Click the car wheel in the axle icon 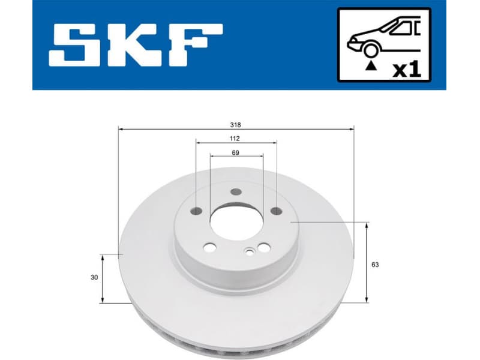tap(370, 52)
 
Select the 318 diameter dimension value tap(236, 125)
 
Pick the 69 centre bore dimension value tap(236, 153)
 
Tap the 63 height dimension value tap(376, 264)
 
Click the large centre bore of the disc tap(236, 223)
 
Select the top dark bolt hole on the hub tap(236, 192)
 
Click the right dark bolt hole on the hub tap(276, 211)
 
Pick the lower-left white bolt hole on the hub tap(209, 247)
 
